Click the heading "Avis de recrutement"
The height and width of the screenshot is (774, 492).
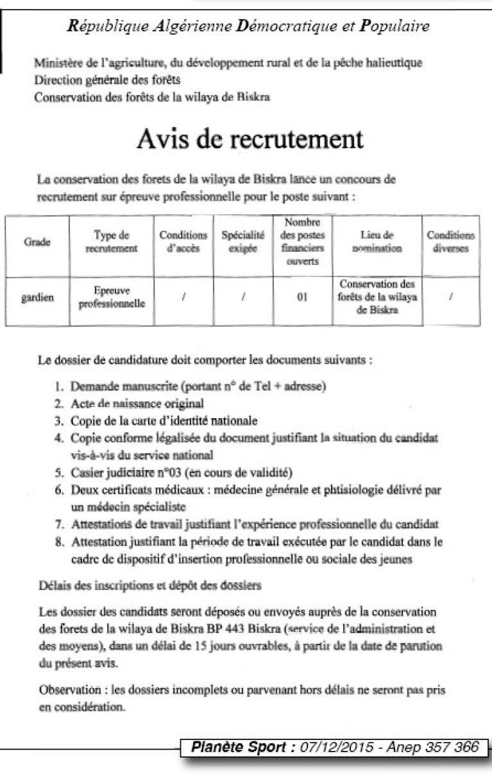pos(250,139)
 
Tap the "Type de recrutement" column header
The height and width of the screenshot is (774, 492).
pos(112,242)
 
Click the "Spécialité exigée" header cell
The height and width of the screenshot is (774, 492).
pos(242,242)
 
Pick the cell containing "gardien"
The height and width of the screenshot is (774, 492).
pos(40,298)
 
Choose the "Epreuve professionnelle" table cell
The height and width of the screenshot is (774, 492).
pos(112,297)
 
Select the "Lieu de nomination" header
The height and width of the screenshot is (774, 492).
pos(377,242)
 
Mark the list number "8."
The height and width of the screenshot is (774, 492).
pos(58,542)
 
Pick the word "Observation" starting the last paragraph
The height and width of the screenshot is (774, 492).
pos(68,691)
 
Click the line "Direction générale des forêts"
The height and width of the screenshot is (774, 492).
pos(106,80)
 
